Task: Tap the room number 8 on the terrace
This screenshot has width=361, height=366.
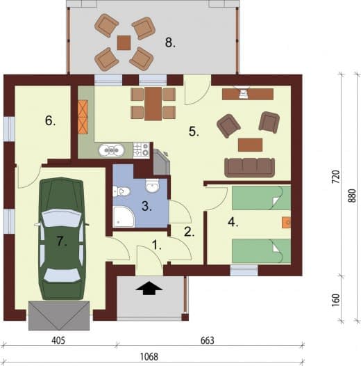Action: tap(170, 43)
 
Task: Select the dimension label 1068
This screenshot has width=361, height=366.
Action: tap(149, 356)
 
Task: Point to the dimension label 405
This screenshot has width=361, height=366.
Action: tap(58, 340)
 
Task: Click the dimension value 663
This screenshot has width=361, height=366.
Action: tap(208, 340)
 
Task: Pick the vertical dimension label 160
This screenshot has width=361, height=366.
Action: tap(335, 300)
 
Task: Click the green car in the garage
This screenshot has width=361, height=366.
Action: tap(62, 239)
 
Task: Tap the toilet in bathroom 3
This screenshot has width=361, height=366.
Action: tap(121, 191)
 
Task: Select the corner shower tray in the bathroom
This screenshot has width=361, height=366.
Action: tap(124, 216)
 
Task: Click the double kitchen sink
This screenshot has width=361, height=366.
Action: tap(111, 150)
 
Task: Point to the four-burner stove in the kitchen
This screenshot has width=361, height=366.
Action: tap(142, 150)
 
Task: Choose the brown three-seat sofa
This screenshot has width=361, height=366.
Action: tap(250, 168)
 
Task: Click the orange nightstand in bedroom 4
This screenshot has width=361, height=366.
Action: tap(287, 223)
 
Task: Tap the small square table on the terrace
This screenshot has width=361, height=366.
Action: tap(124, 42)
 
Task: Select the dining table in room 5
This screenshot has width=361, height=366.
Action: tap(153, 104)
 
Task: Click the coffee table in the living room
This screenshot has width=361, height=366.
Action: tap(251, 145)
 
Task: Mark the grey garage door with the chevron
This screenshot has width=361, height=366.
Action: tap(59, 316)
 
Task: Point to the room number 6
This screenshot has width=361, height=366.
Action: tap(50, 121)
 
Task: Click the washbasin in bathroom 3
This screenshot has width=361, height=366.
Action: tap(153, 186)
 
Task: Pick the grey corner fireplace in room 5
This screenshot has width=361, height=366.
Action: tap(162, 162)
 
